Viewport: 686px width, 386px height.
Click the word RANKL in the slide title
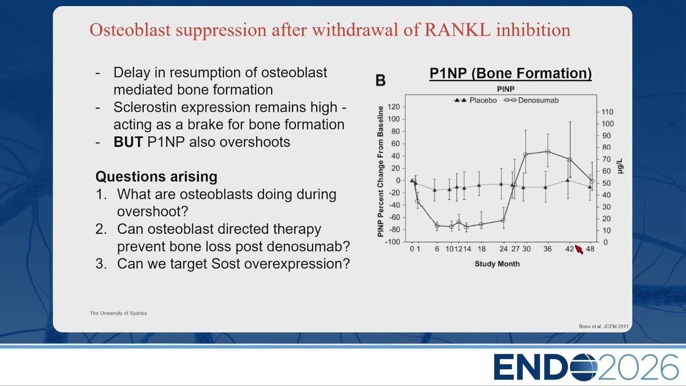coord(458,30)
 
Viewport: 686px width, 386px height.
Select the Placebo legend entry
coord(475,100)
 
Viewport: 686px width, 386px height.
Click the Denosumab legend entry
coord(531,100)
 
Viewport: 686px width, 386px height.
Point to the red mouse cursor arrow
coord(579,249)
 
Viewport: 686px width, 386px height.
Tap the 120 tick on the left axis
coord(393,107)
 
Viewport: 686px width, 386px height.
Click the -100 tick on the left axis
coord(392,242)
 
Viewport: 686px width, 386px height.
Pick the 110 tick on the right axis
coord(607,112)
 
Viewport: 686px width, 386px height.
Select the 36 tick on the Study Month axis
coord(547,249)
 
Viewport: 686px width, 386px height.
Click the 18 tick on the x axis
coord(481,249)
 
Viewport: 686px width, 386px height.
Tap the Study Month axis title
coord(497,264)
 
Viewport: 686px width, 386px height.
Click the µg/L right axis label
coord(620,166)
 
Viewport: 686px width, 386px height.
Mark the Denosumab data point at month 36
coord(548,151)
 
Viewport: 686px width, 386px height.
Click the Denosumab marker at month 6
coord(437,226)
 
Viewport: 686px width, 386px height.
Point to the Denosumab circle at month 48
coord(592,181)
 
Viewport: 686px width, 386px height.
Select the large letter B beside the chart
coord(381,80)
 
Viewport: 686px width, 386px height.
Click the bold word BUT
coord(128,142)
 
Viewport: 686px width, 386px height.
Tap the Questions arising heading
coord(156,177)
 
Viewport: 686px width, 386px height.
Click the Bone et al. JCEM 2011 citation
coord(603,326)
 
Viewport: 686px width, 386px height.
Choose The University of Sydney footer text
coord(118,313)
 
